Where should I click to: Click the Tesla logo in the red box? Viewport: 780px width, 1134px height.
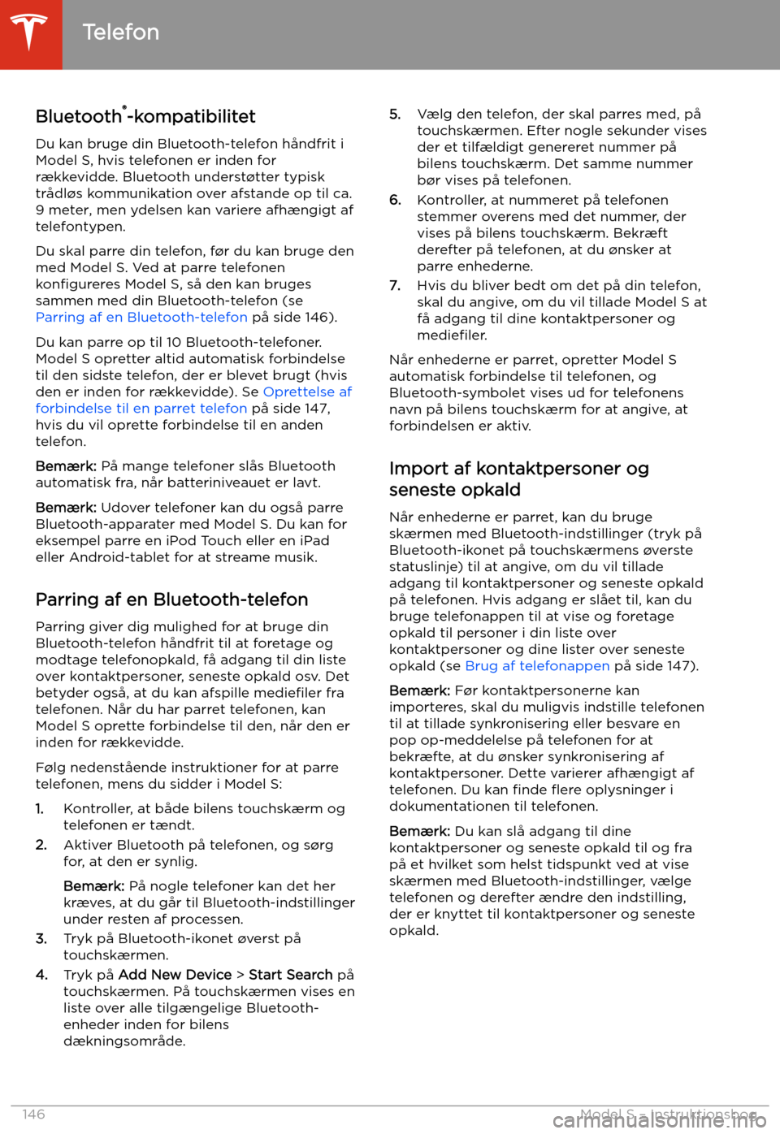click(30, 32)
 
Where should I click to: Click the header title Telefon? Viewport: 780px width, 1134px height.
click(120, 32)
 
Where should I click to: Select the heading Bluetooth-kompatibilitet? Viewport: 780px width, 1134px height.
click(145, 116)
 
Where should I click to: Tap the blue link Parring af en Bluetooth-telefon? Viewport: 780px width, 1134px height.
click(141, 317)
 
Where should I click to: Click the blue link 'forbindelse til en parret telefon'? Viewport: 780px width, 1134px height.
click(141, 409)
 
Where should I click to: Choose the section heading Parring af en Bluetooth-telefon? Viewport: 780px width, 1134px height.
click(171, 599)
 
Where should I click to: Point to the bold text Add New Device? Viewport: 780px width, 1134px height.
click(175, 975)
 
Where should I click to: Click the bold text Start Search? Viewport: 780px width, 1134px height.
click(290, 975)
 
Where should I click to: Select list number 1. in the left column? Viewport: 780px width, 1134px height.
click(40, 808)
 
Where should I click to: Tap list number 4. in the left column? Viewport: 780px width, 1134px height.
click(41, 975)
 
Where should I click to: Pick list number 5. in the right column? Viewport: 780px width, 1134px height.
click(395, 115)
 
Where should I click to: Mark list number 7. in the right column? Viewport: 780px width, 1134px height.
click(395, 286)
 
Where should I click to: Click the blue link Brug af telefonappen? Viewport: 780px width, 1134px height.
click(537, 666)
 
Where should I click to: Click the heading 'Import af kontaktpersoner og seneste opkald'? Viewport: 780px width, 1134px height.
click(518, 479)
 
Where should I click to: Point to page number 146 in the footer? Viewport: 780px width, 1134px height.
click(33, 1115)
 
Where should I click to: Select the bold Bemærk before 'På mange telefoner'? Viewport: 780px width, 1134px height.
click(66, 466)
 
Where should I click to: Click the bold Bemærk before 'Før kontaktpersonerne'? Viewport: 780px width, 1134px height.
click(419, 690)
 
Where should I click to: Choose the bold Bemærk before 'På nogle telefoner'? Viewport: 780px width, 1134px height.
click(93, 886)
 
